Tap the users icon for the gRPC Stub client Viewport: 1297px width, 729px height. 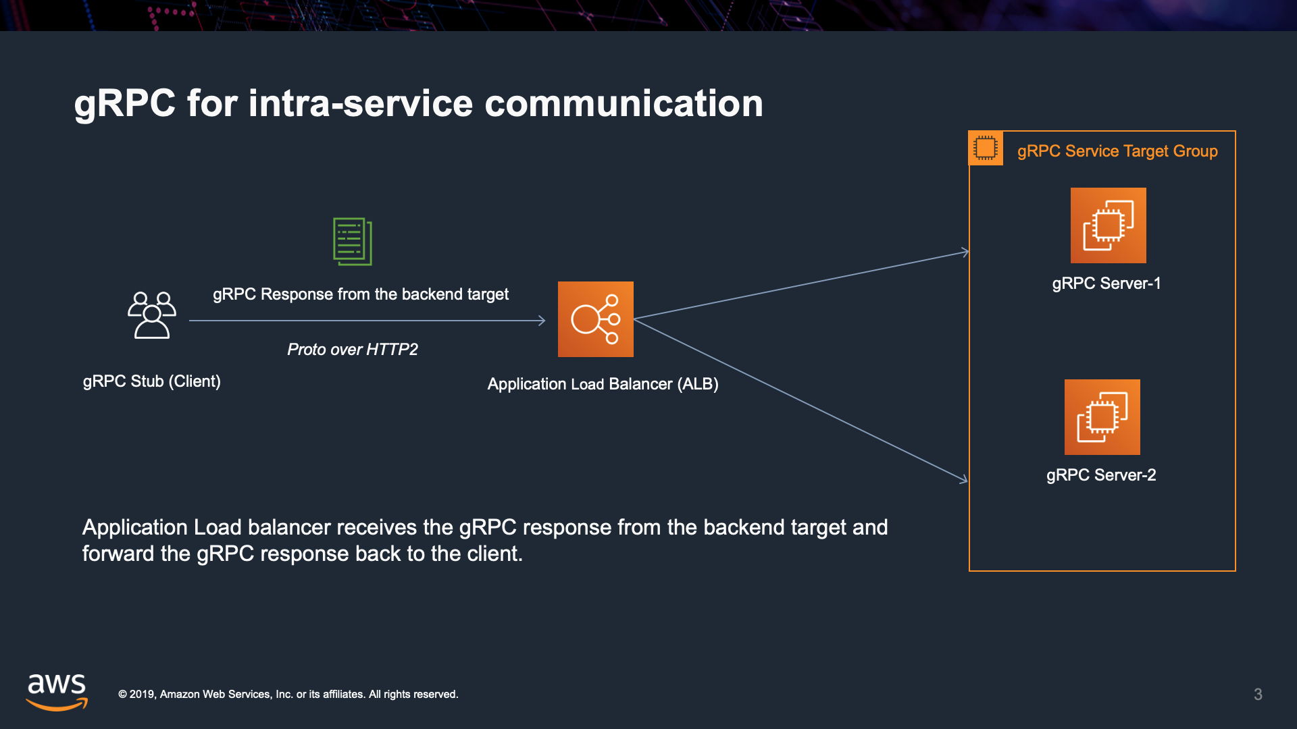click(152, 315)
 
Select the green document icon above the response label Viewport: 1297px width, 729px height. click(353, 241)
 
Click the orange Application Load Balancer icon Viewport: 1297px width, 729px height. click(595, 319)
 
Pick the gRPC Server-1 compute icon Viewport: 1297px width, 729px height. click(1108, 225)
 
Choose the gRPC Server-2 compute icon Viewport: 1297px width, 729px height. click(1102, 417)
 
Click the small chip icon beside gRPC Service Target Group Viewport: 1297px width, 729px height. click(986, 148)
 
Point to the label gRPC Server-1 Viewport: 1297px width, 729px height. click(1106, 283)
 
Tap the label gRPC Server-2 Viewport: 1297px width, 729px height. click(1100, 475)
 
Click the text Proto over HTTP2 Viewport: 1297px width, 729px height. click(352, 350)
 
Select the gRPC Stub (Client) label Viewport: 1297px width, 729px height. click(151, 381)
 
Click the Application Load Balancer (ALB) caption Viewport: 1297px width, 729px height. click(603, 384)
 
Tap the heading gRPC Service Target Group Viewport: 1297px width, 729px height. click(1117, 151)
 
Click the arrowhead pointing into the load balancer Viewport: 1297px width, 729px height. click(542, 321)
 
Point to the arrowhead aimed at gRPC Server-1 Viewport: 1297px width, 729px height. click(966, 252)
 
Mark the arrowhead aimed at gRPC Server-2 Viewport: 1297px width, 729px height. click(964, 479)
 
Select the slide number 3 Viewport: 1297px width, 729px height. click(1258, 695)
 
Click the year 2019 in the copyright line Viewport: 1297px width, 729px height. click(142, 695)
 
